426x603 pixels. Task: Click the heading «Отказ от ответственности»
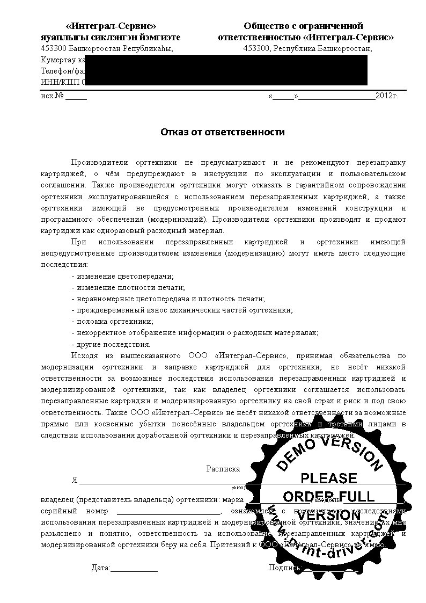(223, 132)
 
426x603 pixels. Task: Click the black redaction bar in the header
(225, 70)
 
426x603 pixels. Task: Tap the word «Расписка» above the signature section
(223, 469)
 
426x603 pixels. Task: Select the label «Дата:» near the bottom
(101, 568)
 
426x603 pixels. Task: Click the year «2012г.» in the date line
(386, 96)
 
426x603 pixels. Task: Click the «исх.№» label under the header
(53, 96)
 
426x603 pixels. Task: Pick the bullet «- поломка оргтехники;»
(112, 322)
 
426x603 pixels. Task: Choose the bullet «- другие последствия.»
(111, 344)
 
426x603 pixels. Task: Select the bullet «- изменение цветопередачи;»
(123, 276)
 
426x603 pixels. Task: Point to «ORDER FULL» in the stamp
(328, 496)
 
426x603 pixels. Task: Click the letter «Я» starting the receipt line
(75, 480)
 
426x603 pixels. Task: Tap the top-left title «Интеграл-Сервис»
(111, 26)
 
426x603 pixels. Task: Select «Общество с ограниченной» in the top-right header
(304, 26)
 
